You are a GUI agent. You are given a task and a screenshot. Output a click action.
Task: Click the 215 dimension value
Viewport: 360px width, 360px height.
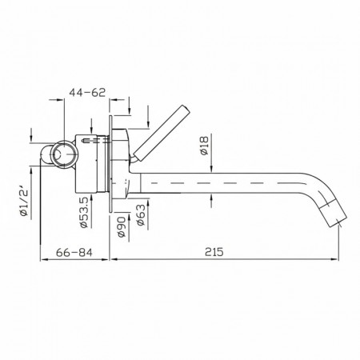click(x=214, y=252)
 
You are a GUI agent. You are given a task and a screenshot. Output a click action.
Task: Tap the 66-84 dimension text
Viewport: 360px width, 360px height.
click(x=74, y=252)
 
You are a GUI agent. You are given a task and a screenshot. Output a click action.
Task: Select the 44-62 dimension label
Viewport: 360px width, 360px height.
click(x=87, y=92)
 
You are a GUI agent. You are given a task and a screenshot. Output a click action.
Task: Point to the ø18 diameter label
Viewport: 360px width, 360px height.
click(x=204, y=146)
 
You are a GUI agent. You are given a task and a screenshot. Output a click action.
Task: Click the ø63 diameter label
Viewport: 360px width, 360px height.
click(x=141, y=215)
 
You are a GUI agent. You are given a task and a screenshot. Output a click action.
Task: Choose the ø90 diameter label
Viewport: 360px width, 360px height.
click(x=122, y=227)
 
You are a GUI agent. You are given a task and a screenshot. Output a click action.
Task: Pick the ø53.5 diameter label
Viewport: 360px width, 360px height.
click(x=84, y=213)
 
